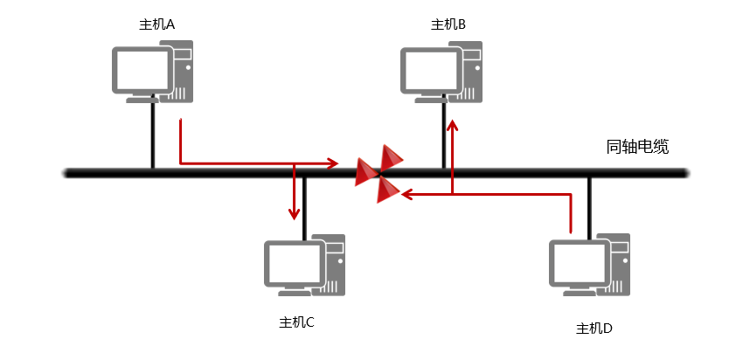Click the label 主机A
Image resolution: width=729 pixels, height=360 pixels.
[157, 24]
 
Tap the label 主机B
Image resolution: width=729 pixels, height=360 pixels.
[448, 24]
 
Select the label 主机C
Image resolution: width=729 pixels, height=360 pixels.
[296, 322]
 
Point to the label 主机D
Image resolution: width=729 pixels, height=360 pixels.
[594, 329]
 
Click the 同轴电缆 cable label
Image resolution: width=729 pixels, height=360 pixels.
[637, 146]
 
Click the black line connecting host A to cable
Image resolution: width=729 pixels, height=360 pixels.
[152, 135]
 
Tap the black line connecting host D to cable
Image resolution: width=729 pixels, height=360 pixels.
[589, 205]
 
